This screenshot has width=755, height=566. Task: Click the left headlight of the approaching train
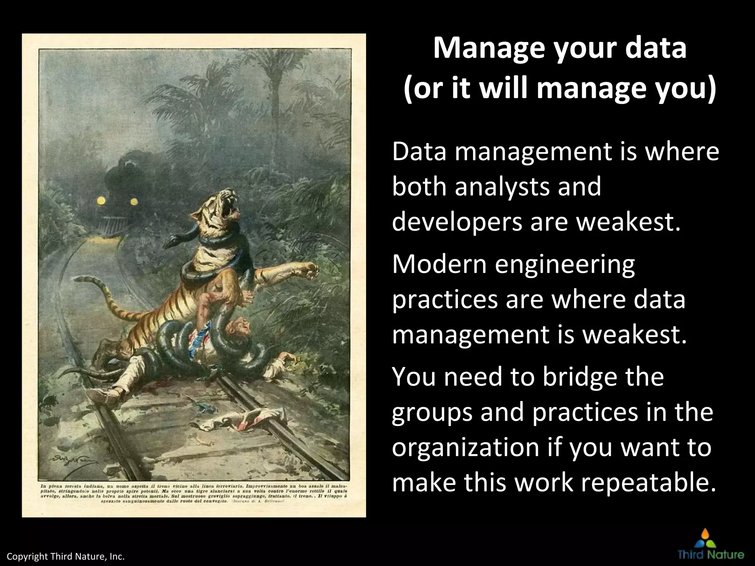[x=101, y=200]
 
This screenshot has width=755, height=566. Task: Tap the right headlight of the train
[x=134, y=201]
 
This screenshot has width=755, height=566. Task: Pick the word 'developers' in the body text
[x=457, y=223]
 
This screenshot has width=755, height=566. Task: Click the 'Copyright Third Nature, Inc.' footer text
[x=66, y=556]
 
